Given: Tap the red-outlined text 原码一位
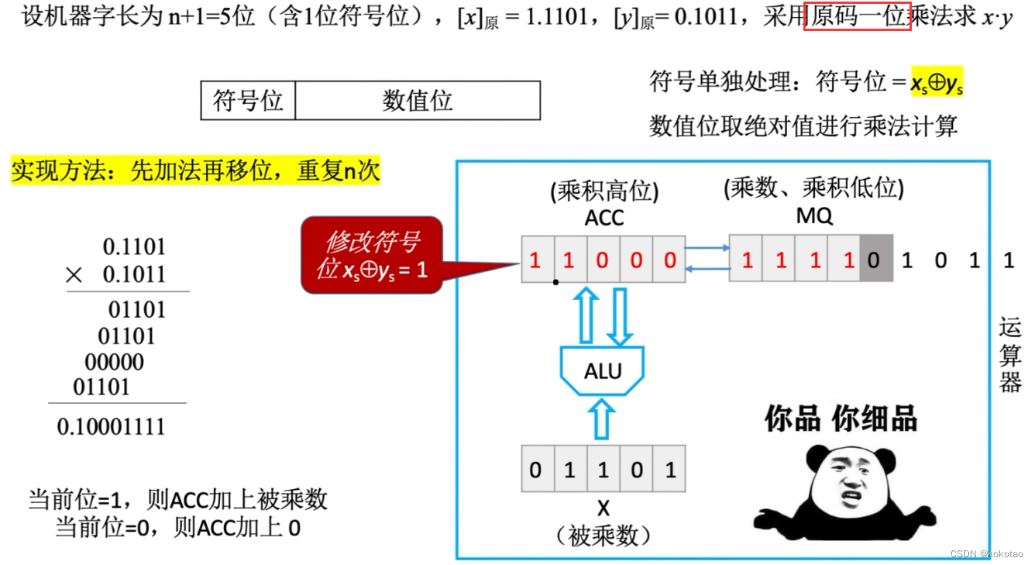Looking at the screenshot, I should coord(857,16).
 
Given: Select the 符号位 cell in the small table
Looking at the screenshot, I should coord(248,101).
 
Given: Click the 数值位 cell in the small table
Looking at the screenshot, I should coord(417,101).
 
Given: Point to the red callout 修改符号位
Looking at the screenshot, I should coord(372,255).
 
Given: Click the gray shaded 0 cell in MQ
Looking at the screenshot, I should coord(874,259).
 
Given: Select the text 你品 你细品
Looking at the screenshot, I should coord(841,419).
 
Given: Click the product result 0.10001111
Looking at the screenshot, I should coord(111,426).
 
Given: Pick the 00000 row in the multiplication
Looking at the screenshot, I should coord(114,362).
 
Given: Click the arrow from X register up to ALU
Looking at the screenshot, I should coord(602,419).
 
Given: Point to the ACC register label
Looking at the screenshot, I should coord(603,218).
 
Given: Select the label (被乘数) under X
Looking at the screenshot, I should coord(603,536).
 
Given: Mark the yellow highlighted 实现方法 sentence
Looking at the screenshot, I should coord(195,171).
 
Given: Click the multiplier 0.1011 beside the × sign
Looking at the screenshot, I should coord(134,274).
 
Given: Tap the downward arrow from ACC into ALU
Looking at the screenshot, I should coord(619,316).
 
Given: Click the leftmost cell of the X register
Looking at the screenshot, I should coord(535,469).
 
